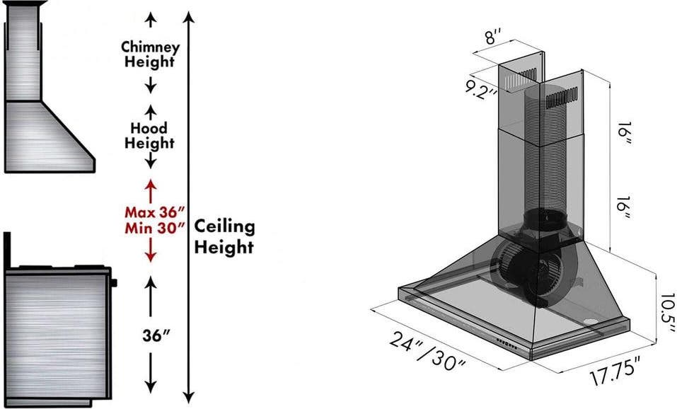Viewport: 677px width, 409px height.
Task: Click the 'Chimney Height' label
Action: click(x=150, y=54)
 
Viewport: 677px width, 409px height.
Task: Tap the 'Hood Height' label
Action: click(x=150, y=135)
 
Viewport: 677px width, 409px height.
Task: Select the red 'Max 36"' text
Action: click(x=155, y=212)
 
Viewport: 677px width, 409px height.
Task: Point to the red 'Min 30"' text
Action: click(x=155, y=228)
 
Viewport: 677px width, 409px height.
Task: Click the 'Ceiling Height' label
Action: click(x=224, y=236)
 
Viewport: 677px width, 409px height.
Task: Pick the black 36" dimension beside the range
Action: click(x=156, y=335)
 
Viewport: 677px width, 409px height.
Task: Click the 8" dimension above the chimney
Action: click(x=493, y=36)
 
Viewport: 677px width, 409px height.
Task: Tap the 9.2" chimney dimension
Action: click(x=480, y=89)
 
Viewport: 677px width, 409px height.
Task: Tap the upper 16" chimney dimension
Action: click(x=623, y=134)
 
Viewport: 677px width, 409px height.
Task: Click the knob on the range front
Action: click(x=114, y=283)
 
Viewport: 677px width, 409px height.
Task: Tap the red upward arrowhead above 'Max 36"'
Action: click(x=150, y=185)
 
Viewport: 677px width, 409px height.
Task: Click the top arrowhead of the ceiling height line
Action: click(x=189, y=17)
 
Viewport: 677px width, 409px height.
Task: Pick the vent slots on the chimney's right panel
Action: click(x=562, y=98)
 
